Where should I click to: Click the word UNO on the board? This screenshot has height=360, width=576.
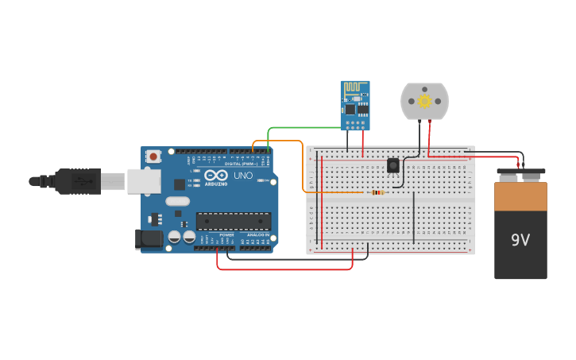click(x=243, y=176)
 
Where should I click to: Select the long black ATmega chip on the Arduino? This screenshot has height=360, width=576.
click(x=234, y=221)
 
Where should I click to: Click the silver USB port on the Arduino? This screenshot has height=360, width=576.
click(x=143, y=181)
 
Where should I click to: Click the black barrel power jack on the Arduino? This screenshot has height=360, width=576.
click(x=149, y=238)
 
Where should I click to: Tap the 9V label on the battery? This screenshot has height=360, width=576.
click(x=520, y=240)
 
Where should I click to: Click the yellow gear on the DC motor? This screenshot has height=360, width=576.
click(x=424, y=101)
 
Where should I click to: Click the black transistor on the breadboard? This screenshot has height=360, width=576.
click(x=392, y=165)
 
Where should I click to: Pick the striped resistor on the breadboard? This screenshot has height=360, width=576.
click(x=377, y=192)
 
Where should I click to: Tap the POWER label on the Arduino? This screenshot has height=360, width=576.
click(x=226, y=235)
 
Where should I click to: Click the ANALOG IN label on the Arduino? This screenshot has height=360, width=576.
click(x=256, y=235)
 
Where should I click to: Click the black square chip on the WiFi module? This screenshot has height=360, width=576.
click(x=350, y=109)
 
